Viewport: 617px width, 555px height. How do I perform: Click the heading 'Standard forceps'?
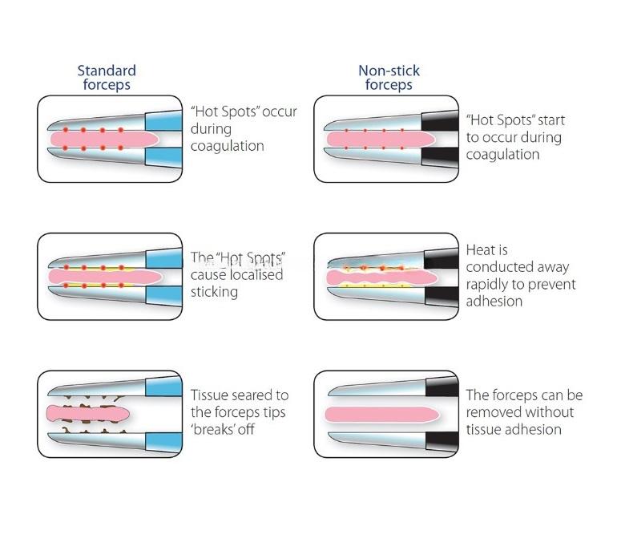coord(107,78)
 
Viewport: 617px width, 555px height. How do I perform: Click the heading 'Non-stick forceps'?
coord(388,78)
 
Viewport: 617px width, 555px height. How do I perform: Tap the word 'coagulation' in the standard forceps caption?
coord(228,147)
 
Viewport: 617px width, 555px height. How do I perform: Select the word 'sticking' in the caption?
coord(214,292)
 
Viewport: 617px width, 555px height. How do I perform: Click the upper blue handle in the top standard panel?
coord(163,120)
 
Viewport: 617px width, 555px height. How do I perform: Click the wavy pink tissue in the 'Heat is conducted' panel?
coord(377,277)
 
